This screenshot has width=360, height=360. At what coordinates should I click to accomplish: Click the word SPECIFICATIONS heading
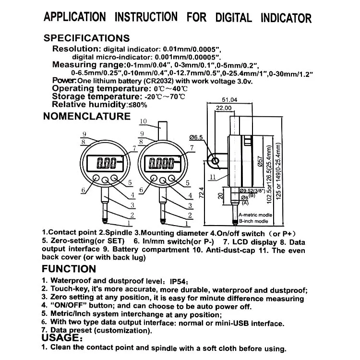pos(86,38)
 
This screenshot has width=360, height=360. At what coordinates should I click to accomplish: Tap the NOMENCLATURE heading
pos(86,116)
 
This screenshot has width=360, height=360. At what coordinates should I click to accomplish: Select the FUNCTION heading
pos(69,269)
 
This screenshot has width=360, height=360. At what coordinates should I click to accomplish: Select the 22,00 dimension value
pos(224,108)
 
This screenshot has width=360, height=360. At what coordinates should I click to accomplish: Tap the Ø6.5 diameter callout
pos(196,137)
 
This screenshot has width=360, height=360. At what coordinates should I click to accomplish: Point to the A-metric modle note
pos(254,215)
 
